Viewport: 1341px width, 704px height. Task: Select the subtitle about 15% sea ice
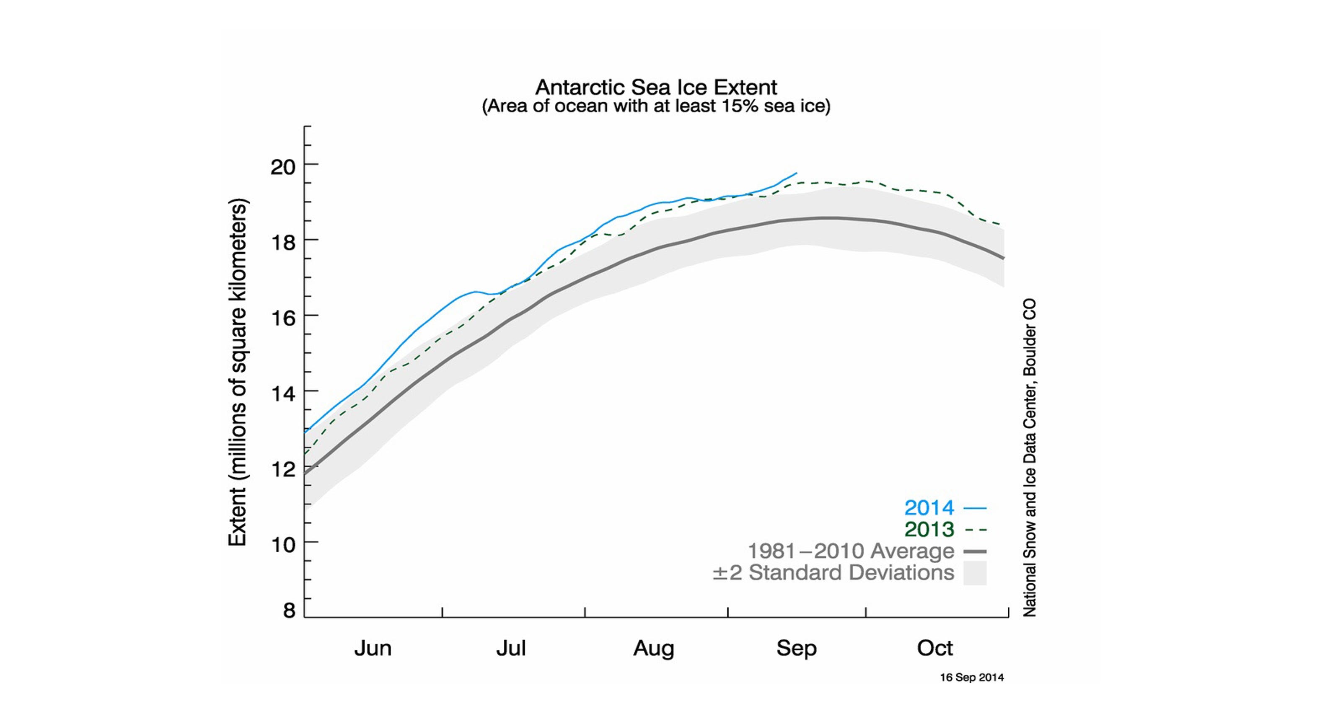tap(656, 106)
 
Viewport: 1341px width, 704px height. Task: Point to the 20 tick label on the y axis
tap(283, 167)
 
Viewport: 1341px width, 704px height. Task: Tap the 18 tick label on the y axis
tap(283, 243)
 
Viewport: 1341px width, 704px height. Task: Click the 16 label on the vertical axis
tap(283, 318)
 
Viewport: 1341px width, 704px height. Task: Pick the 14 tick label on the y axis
tap(283, 393)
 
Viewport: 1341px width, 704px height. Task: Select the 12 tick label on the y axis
tap(283, 469)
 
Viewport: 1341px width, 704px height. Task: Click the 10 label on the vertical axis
tap(283, 545)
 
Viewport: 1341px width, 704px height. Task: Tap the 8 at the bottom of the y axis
tap(289, 610)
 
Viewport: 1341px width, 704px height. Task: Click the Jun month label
tap(372, 648)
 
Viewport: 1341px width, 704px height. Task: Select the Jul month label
tap(511, 648)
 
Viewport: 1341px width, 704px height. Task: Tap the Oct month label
tap(935, 648)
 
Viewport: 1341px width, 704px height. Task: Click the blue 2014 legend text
tap(929, 508)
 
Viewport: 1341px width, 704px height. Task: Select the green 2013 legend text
tap(929, 530)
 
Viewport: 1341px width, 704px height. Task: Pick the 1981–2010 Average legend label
tap(851, 551)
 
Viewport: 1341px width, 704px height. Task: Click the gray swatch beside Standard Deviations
tap(974, 573)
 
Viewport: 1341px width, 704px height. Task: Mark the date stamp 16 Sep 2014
tap(971, 678)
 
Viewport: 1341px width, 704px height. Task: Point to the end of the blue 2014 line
tap(796, 173)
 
